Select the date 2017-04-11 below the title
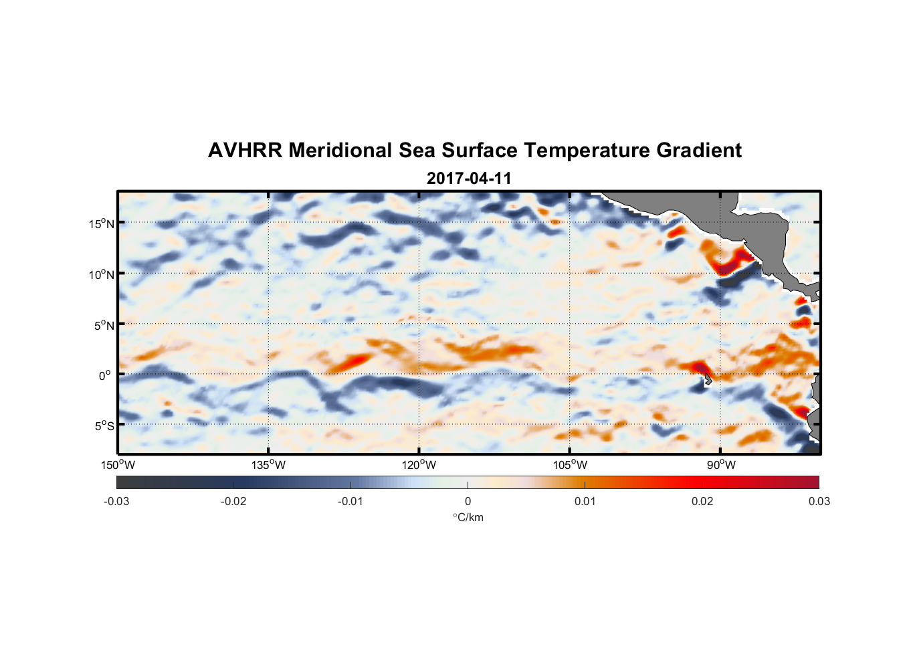[469, 179]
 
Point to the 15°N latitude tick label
[102, 223]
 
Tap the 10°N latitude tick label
[102, 274]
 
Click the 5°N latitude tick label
[104, 325]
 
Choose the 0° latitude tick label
[104, 376]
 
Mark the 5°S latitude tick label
[104, 426]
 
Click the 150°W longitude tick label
[118, 465]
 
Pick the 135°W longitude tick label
[268, 465]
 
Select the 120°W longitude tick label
[419, 465]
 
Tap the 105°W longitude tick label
[570, 465]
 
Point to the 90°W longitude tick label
[720, 465]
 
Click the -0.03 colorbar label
[116, 501]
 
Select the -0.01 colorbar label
[350, 501]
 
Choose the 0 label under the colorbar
[468, 501]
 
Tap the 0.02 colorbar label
[702, 501]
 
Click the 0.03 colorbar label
[819, 501]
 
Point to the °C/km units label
[468, 517]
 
